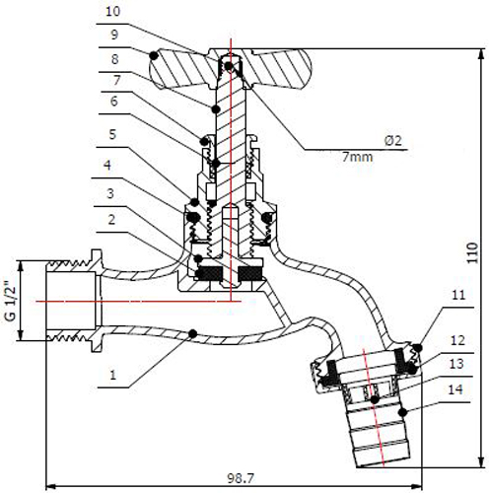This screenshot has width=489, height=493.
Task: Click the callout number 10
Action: tap(113, 12)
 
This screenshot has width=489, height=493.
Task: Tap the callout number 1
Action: tap(113, 375)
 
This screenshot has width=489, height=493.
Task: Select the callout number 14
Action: tap(455, 389)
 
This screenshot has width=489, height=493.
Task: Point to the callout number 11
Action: tap(458, 295)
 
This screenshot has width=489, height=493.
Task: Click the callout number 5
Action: tap(112, 134)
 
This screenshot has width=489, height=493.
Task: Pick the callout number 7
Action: tap(116, 80)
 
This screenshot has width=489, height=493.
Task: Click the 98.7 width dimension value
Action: tap(241, 478)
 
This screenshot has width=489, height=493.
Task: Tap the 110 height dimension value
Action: tap(472, 252)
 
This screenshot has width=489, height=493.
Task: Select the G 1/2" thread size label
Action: tap(11, 301)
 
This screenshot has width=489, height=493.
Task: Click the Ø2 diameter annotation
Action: tap(393, 141)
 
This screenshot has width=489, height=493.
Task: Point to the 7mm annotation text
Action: tap(358, 157)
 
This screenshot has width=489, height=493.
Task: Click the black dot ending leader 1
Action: tap(193, 334)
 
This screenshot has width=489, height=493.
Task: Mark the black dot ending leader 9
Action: tap(154, 55)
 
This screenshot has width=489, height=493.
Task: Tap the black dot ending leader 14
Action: tap(403, 412)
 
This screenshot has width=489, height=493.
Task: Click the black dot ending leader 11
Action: tap(418, 347)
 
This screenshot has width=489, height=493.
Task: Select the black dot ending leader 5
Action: tap(194, 202)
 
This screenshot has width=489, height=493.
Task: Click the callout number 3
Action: tap(110, 193)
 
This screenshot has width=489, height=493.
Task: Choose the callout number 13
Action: tap(456, 364)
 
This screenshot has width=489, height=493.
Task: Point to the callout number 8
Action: tap(114, 59)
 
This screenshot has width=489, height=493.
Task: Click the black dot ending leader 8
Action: tap(215, 108)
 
